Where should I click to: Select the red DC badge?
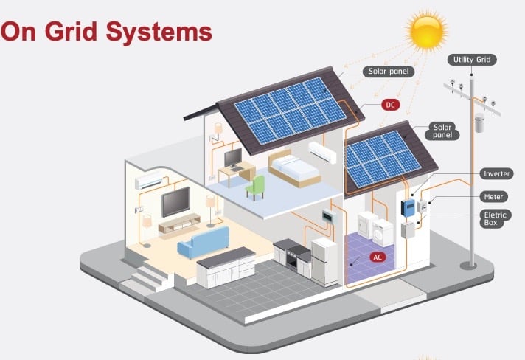[391, 105]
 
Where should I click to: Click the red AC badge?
[378, 257]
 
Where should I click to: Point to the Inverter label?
[496, 174]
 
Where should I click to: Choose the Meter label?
[493, 197]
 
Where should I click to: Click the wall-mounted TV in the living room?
[176, 201]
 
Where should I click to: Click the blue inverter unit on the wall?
[407, 207]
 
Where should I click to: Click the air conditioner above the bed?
[323, 152]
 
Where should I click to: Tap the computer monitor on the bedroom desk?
[232, 157]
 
